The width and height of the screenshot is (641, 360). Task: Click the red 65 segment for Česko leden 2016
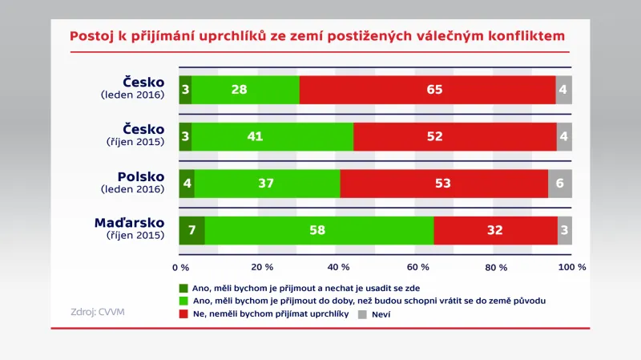[x=428, y=89]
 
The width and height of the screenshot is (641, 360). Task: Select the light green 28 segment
[x=245, y=89]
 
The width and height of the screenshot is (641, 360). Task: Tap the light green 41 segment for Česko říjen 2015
[x=272, y=136]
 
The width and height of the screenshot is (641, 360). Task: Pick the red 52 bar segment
[x=455, y=136]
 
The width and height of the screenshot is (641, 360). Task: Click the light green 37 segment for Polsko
[x=267, y=184]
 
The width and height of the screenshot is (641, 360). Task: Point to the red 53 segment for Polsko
[x=444, y=184]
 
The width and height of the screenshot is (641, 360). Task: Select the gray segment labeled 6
[x=559, y=184]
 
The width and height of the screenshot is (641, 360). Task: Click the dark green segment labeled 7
[x=191, y=230]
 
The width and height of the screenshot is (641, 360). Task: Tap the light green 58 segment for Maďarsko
[x=319, y=230]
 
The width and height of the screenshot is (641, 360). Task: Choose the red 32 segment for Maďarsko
[x=495, y=230]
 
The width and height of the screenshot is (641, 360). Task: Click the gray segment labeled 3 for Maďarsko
[x=565, y=230]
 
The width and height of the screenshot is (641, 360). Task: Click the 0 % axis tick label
[x=181, y=267]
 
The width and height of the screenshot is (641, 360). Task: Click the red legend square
[x=183, y=314]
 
